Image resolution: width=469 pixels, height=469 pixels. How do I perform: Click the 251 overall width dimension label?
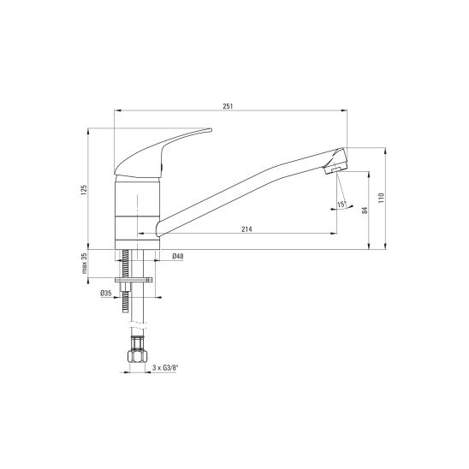coord(228,106)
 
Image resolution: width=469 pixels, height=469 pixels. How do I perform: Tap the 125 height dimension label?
coord(84,190)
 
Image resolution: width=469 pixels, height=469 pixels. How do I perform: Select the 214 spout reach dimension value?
coord(246,229)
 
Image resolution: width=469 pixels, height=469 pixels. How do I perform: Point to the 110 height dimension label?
coord(381,198)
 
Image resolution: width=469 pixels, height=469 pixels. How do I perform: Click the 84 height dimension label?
coord(365,211)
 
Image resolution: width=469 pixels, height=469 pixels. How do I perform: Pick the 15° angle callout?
coord(341,205)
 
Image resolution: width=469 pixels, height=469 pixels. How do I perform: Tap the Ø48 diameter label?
coord(178,256)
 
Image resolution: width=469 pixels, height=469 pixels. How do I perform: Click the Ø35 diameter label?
coord(106,293)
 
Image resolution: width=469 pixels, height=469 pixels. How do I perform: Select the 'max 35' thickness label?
coord(85,264)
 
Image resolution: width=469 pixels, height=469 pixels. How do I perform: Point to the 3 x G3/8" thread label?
coord(165,368)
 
